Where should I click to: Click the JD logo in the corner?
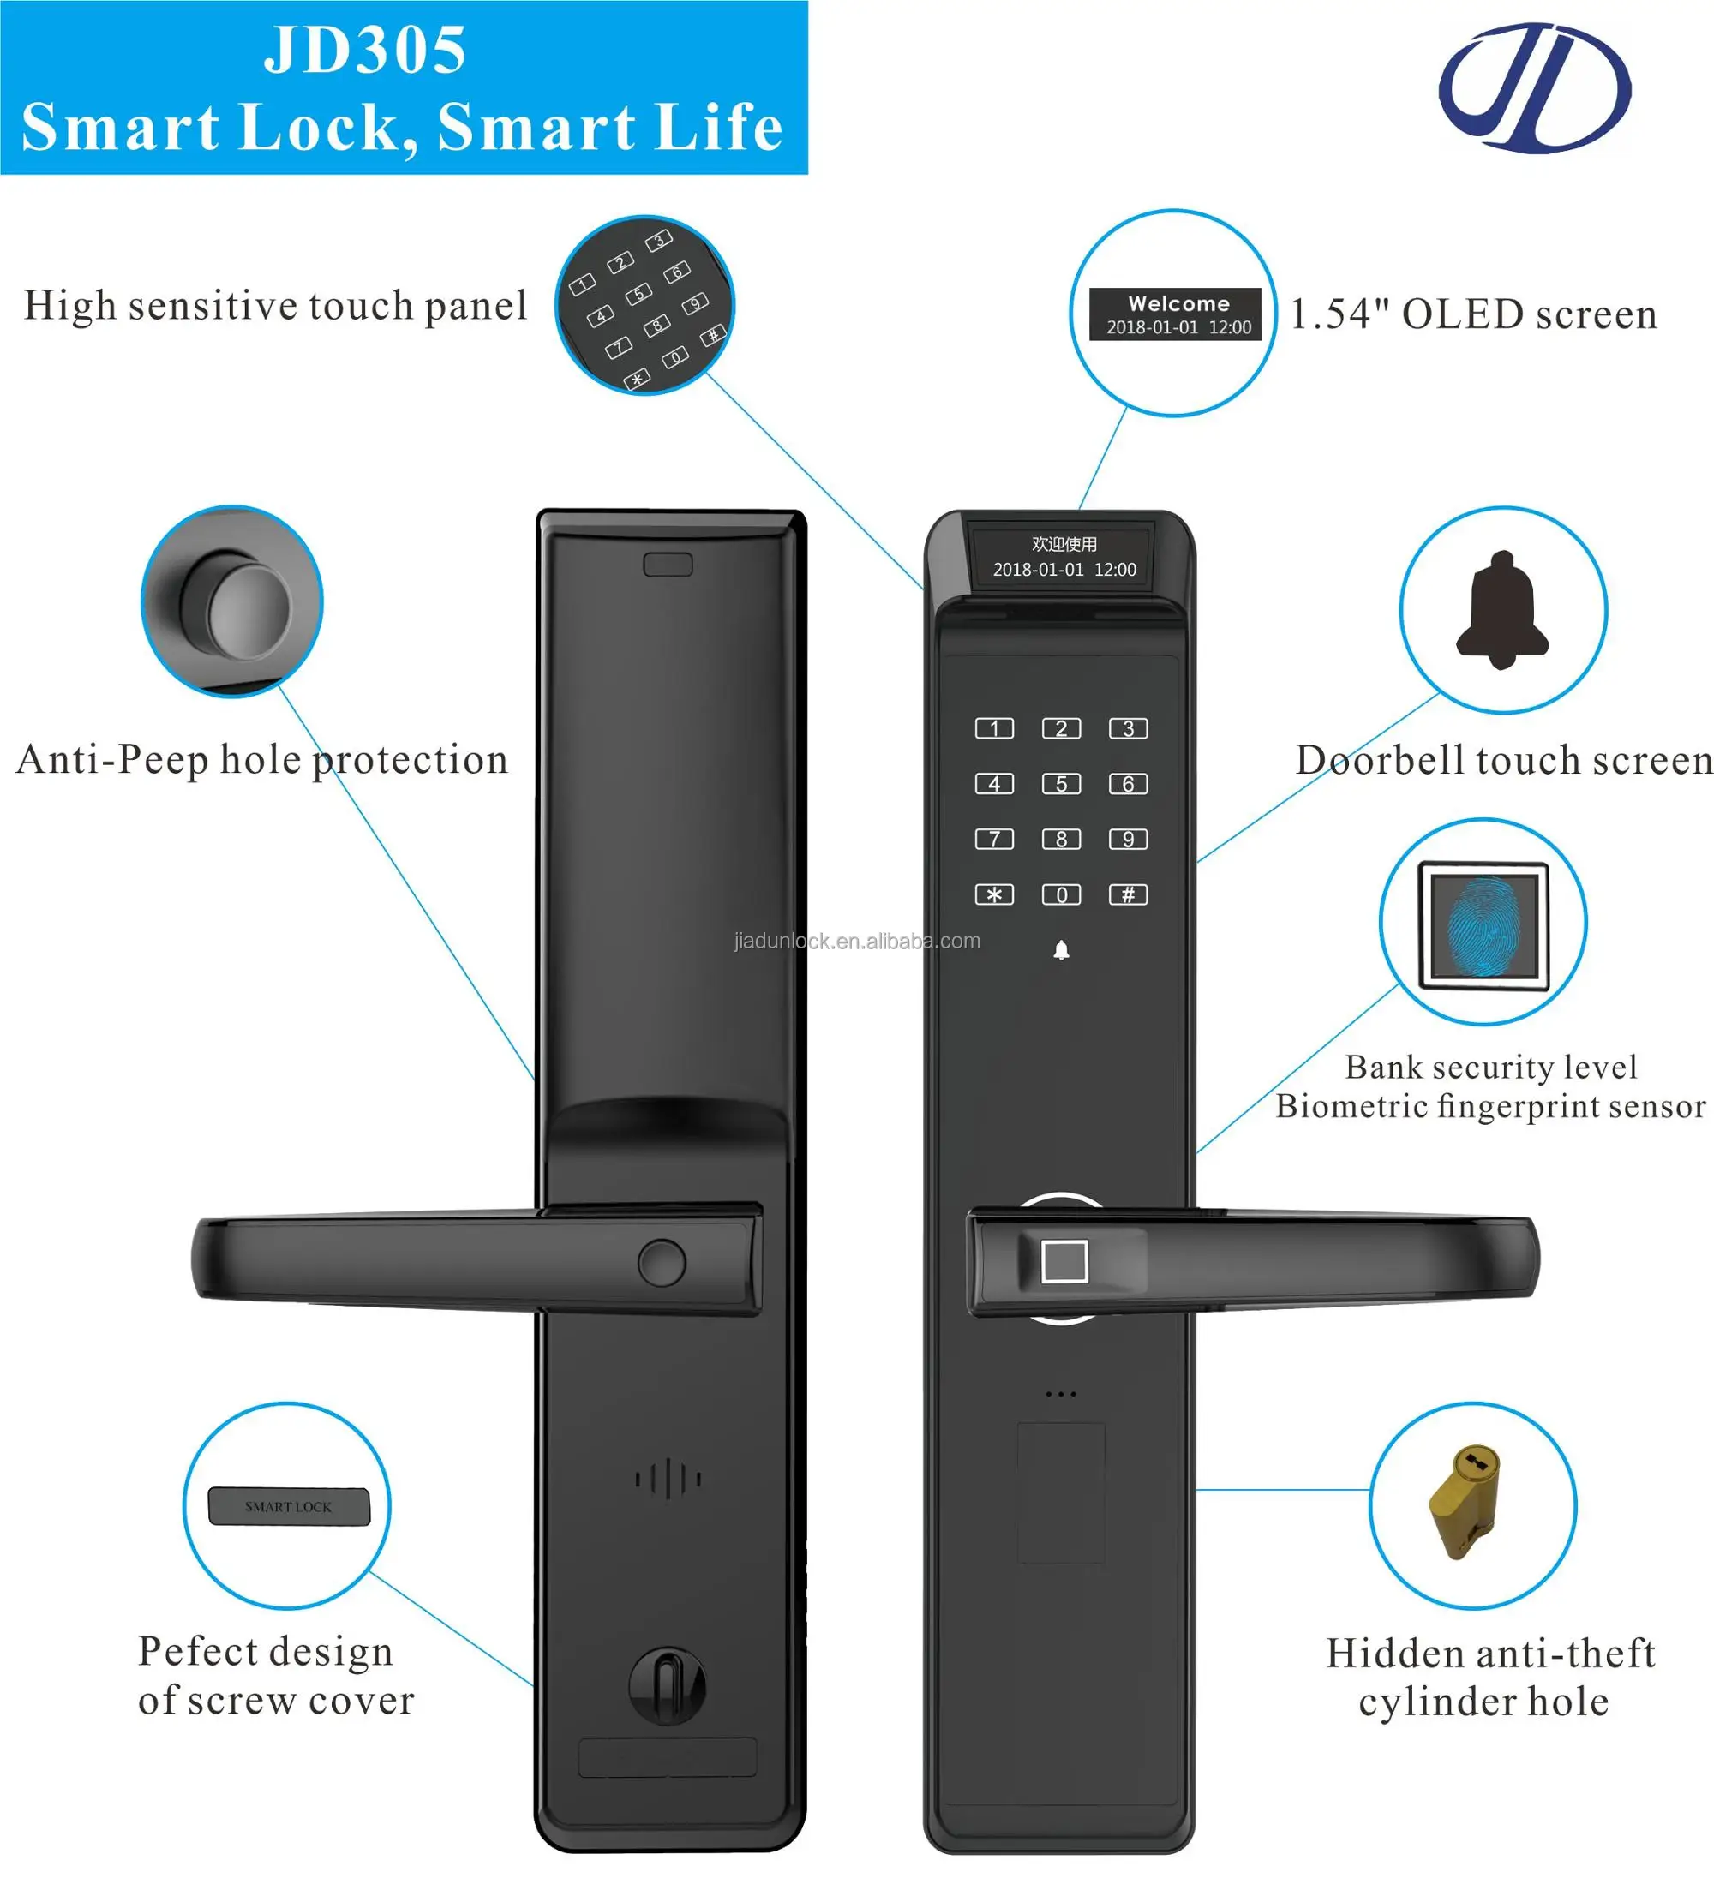[1534, 89]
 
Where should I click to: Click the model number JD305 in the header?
[364, 50]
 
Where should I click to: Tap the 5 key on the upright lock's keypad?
[1061, 783]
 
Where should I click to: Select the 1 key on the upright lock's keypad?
[993, 728]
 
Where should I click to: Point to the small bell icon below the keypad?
[1061, 950]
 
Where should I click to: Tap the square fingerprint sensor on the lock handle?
[1064, 1262]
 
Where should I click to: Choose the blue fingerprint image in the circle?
[1483, 924]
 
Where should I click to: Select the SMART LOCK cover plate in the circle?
[289, 1506]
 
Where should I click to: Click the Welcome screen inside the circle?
[1175, 314]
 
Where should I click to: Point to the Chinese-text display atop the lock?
[1064, 556]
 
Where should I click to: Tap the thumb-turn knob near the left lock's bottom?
[668, 1686]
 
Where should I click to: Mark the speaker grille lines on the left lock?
[668, 1479]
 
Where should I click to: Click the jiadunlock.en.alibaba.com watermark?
[857, 941]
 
